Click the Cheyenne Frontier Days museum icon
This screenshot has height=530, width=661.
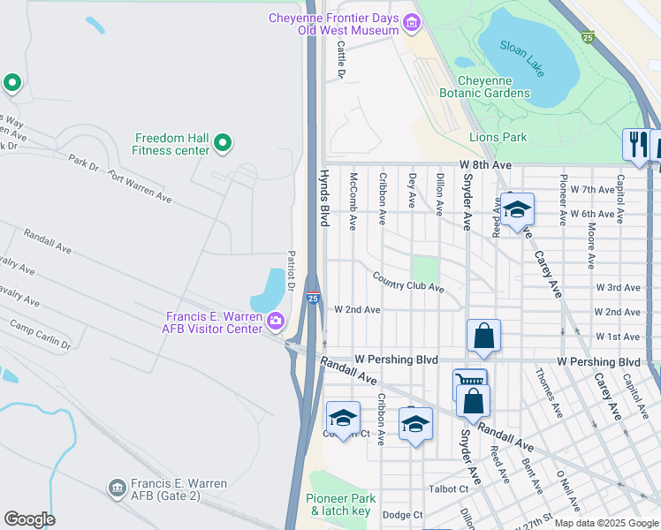pos(410,22)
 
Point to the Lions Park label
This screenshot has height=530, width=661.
pos(498,137)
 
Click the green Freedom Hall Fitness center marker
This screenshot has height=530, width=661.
pos(223,141)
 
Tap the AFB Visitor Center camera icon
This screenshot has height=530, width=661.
pos(276,320)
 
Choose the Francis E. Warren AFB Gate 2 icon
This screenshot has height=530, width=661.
pos(117,488)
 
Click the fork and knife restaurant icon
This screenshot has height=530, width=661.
pos(636,143)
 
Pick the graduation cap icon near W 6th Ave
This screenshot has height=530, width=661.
pos(517,209)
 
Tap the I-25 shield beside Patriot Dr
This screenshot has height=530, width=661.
pos(313,299)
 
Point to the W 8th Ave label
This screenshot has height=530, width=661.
pos(485,165)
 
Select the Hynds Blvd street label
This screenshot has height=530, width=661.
pos(323,198)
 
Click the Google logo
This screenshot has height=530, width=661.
pos(29,519)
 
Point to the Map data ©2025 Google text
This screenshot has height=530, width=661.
pos(605,523)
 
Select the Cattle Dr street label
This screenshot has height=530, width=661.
pos(341,60)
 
